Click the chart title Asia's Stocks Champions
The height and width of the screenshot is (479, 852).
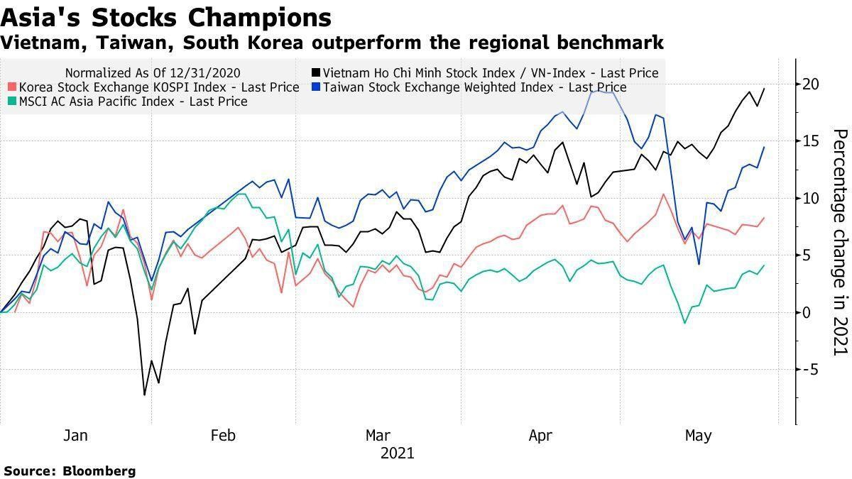click(x=166, y=17)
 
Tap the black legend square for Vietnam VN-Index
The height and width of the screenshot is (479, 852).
click(x=315, y=73)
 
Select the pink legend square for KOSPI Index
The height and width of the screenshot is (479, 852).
click(x=12, y=87)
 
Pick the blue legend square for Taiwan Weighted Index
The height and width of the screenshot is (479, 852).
click(x=315, y=87)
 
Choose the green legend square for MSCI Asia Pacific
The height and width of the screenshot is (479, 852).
click(x=12, y=101)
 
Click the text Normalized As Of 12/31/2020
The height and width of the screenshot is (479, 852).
click(x=152, y=73)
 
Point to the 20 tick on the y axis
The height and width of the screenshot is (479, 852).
click(x=812, y=84)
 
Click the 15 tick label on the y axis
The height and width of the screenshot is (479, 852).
click(x=812, y=141)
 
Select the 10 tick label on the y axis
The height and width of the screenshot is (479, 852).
click(x=812, y=198)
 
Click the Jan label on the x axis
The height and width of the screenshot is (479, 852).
click(x=75, y=435)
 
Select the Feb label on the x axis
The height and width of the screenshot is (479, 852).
click(x=224, y=435)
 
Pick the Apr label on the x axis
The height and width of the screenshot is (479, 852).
click(x=540, y=435)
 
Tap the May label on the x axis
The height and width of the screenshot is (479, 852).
click(x=698, y=435)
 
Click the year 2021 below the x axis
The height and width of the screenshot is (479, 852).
click(x=397, y=453)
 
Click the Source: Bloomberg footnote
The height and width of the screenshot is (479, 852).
click(x=70, y=470)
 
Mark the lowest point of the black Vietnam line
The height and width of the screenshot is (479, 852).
click(x=145, y=395)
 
